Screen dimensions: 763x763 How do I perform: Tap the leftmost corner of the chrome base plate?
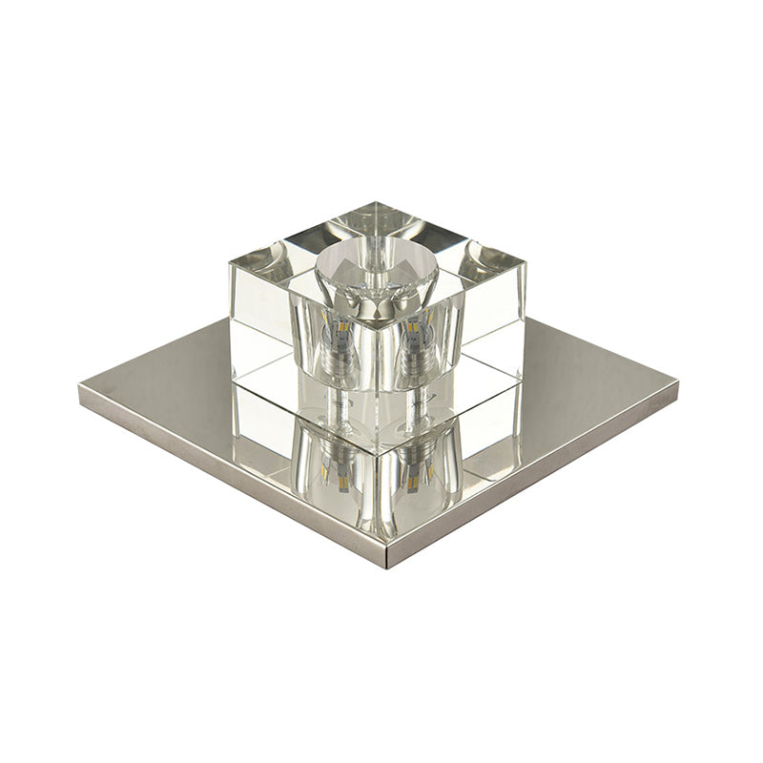[80, 391]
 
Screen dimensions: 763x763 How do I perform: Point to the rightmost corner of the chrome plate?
[678, 385]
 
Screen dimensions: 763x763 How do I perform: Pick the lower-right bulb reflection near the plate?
[417, 467]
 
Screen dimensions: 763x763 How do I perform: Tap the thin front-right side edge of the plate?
[534, 477]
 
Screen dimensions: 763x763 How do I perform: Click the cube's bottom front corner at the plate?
[377, 452]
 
